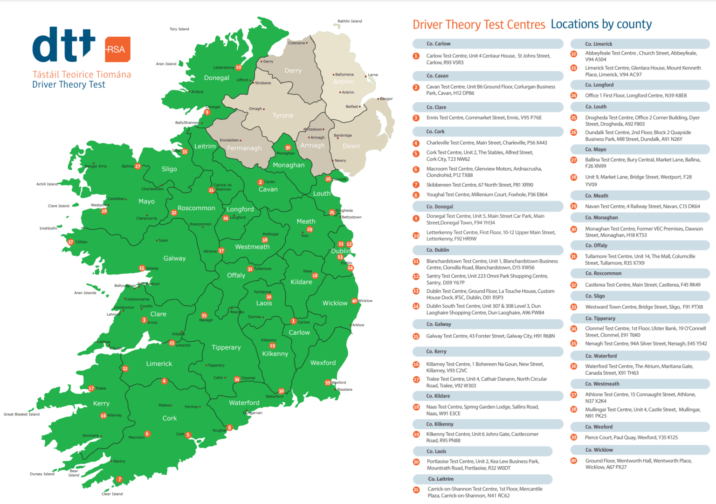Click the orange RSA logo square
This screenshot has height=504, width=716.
click(x=117, y=49)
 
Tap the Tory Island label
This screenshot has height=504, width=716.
click(x=179, y=29)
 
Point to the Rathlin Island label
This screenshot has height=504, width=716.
click(x=350, y=21)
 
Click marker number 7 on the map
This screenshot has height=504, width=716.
click(x=119, y=479)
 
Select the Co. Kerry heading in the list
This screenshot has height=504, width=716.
click(x=436, y=352)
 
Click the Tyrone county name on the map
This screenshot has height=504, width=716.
click(x=283, y=115)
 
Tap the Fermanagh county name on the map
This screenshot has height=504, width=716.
click(x=244, y=148)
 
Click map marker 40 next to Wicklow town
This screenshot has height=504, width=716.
click(x=354, y=301)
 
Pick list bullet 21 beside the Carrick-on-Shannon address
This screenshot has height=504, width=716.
click(x=416, y=490)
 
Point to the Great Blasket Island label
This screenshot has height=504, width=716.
click(x=21, y=414)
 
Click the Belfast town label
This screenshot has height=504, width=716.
click(x=352, y=106)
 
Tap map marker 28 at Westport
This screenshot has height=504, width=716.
click(x=104, y=211)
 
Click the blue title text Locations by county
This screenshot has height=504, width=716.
click(x=601, y=24)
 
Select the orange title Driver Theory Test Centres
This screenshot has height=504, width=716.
click(x=479, y=25)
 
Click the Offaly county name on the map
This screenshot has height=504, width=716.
click(x=236, y=275)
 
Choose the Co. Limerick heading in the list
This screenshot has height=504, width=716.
click(x=599, y=44)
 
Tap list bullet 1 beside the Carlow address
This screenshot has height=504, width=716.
click(x=416, y=56)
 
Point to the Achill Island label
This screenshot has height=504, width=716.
click(x=47, y=184)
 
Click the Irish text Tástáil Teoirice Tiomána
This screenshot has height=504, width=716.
click(x=82, y=75)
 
